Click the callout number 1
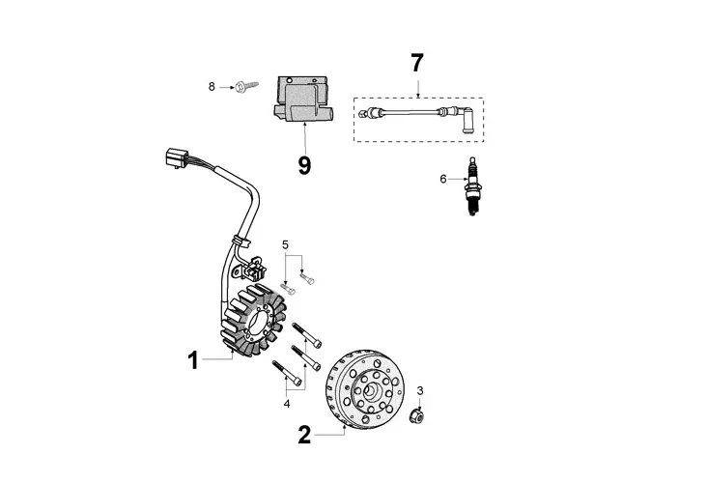tap(193, 360)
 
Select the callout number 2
tap(304, 435)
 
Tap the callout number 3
tap(420, 391)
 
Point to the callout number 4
tap(287, 403)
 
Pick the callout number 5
tap(286, 244)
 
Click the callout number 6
tap(443, 179)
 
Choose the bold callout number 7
tap(416, 64)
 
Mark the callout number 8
tap(212, 87)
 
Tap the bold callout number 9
tap(304, 165)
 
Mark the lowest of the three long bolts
tap(287, 372)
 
